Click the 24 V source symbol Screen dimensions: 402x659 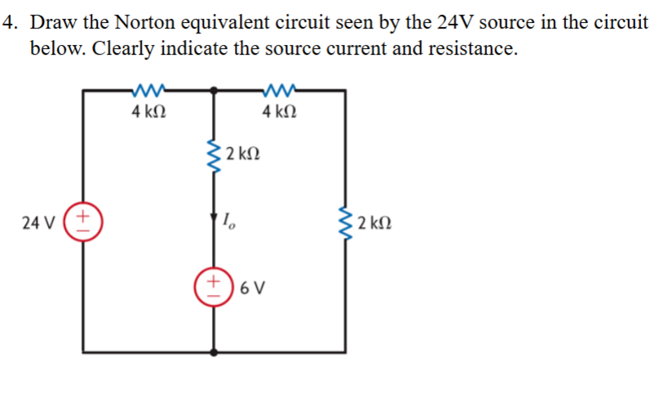(83, 221)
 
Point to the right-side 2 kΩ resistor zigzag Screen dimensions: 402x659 (345, 221)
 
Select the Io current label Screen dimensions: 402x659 (229, 219)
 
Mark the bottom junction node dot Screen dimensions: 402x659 (215, 352)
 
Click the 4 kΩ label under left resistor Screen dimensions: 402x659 (148, 111)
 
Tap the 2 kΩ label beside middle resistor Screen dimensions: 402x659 (244, 154)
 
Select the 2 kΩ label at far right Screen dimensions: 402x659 (375, 221)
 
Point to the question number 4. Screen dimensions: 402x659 (9, 22)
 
